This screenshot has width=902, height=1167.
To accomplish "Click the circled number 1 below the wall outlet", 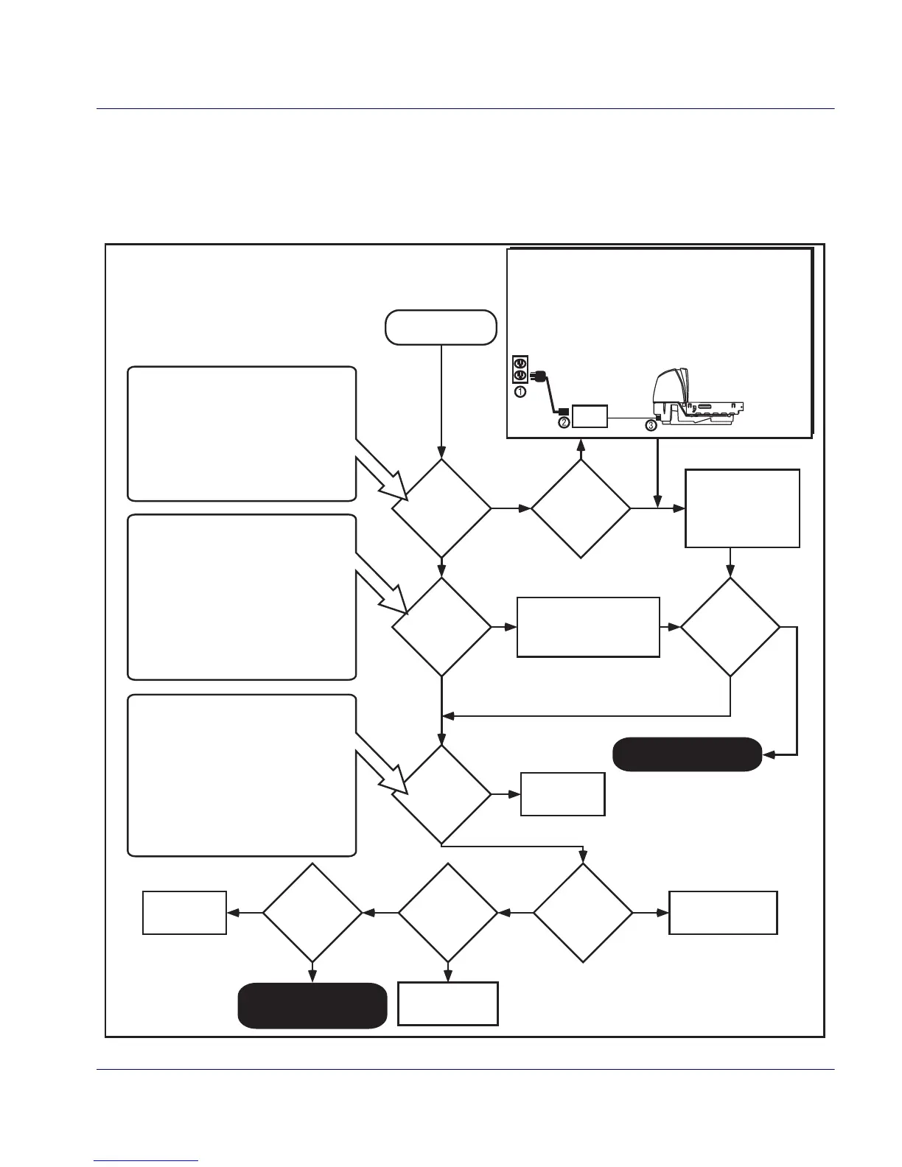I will click(520, 392).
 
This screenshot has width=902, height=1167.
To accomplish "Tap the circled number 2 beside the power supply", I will click(564, 422).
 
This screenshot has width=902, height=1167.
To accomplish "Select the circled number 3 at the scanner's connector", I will click(651, 424).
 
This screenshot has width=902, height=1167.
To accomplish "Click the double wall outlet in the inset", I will click(520, 370).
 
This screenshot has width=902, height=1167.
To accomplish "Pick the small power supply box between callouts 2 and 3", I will click(590, 416).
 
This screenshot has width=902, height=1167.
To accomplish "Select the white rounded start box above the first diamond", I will click(441, 327).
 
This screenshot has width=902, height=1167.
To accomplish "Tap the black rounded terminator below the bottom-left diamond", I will click(312, 1005).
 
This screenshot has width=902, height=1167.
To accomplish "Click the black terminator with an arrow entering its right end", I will click(687, 754).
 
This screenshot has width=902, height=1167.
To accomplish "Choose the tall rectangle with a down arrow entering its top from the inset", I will click(742, 508).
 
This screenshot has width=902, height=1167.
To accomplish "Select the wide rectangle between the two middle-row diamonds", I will click(588, 627).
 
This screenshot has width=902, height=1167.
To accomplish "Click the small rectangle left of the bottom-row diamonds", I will click(184, 913).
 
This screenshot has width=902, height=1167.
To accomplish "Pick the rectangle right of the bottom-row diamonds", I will click(723, 913).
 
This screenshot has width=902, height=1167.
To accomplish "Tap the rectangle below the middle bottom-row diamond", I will click(448, 1003).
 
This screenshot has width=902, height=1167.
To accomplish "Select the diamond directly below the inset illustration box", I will click(581, 508).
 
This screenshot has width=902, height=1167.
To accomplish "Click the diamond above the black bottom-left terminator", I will click(312, 913).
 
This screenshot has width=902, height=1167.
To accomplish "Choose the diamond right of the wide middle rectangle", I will click(730, 627).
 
